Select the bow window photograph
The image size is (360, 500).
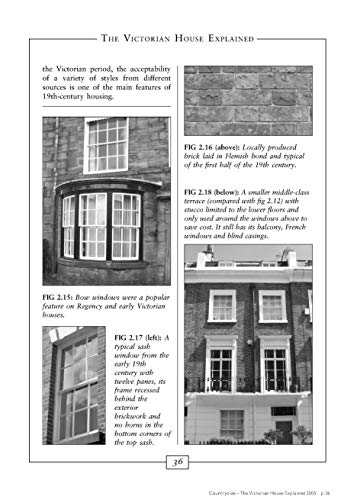point(105,200)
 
